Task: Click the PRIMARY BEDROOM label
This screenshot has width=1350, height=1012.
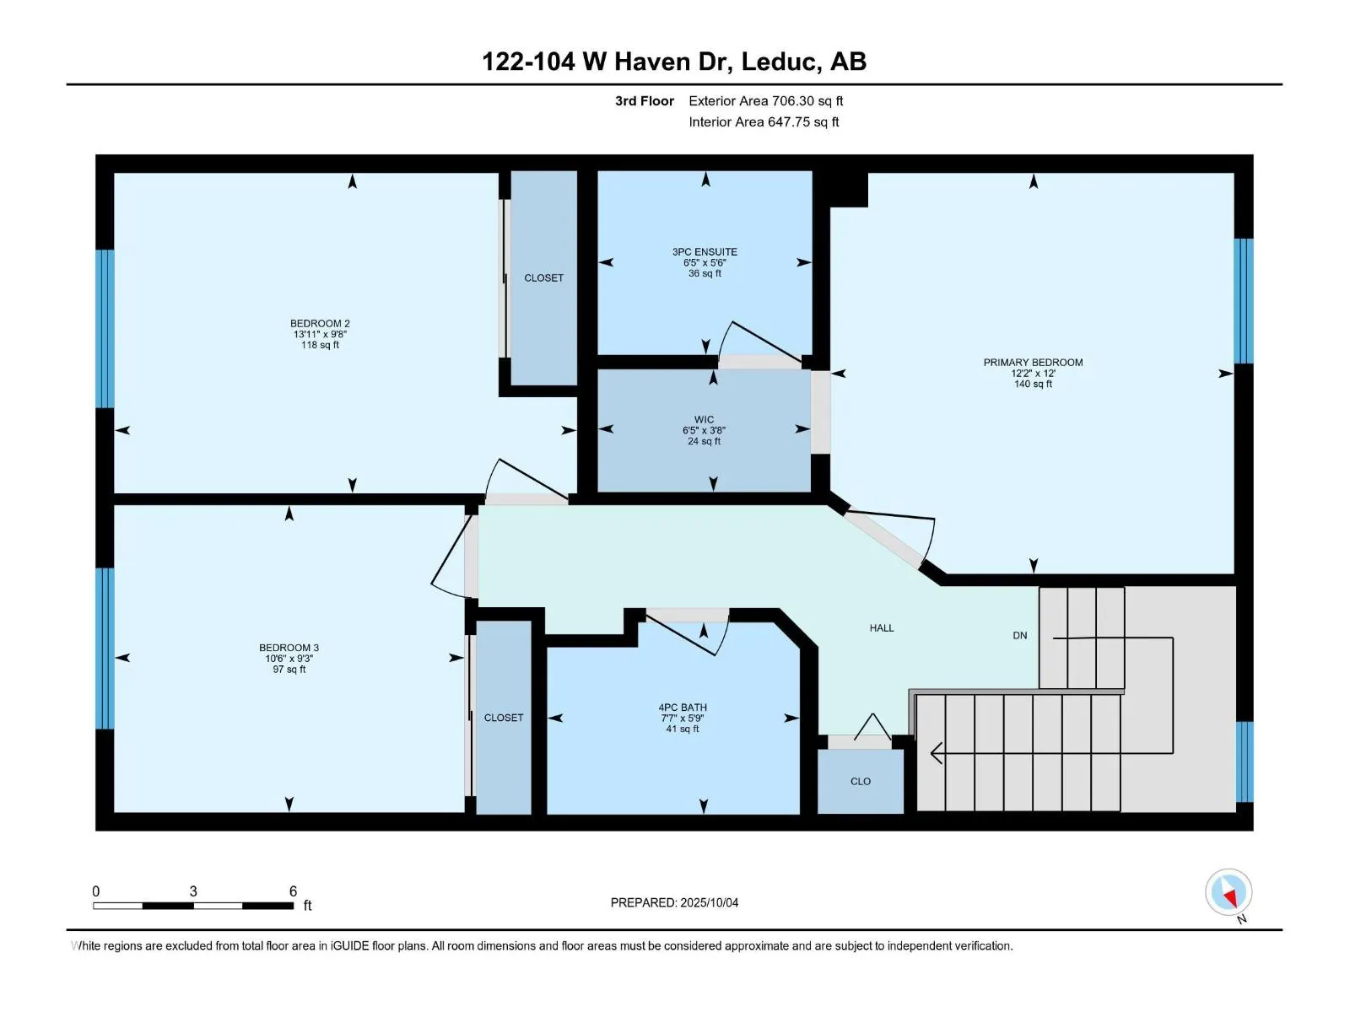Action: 1033,363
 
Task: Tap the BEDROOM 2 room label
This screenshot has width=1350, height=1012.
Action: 320,323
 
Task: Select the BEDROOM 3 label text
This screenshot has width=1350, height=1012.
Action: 289,648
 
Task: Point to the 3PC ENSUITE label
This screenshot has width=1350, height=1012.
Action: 705,252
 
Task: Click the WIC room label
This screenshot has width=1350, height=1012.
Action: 705,420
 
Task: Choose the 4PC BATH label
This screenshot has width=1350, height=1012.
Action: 683,708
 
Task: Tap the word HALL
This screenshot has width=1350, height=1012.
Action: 882,628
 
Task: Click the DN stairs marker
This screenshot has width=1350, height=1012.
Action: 1020,635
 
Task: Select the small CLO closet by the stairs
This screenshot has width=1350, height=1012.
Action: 861,781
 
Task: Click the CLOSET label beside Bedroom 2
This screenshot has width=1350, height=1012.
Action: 543,278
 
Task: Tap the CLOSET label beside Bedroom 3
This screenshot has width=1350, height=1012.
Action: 504,718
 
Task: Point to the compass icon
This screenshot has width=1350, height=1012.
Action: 1228,893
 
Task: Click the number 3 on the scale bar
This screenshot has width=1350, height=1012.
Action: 193,891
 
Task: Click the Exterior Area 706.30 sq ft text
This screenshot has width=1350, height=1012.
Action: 766,100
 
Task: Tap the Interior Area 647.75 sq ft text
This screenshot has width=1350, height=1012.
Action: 764,121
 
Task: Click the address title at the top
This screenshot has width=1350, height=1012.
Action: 674,62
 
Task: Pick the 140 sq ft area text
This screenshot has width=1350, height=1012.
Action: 1033,384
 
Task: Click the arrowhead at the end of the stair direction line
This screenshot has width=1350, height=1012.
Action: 936,753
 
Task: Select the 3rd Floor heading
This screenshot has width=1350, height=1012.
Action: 644,100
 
